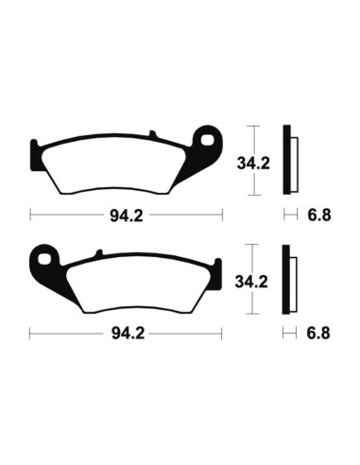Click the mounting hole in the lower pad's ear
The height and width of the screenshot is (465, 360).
43,257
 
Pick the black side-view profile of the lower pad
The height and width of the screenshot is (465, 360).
287,279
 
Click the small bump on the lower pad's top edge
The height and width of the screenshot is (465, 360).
100,252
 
